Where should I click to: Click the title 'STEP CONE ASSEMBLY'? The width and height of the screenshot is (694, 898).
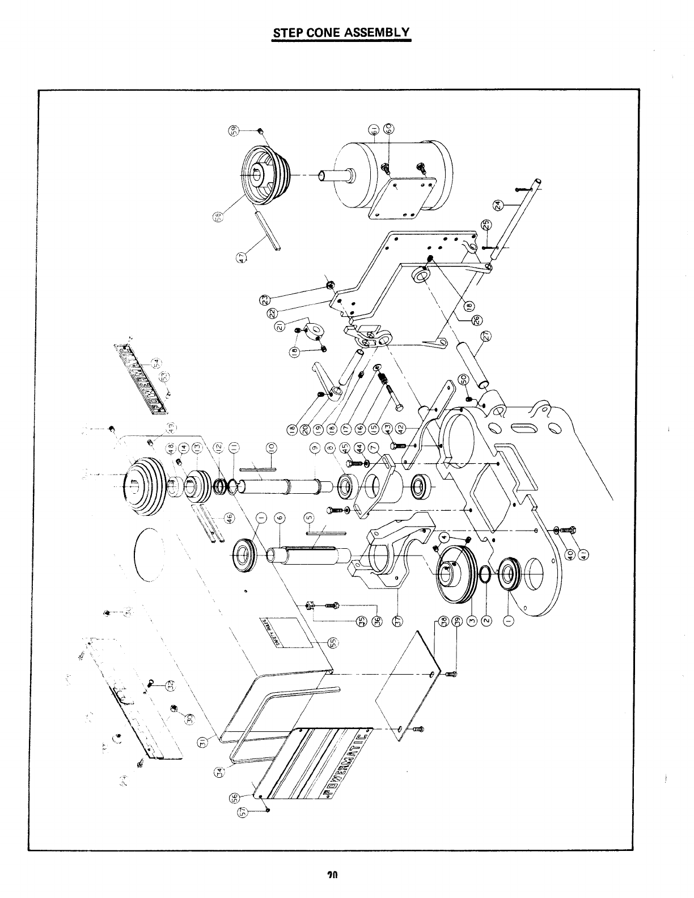(x=341, y=32)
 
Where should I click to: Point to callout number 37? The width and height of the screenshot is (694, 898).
(x=398, y=622)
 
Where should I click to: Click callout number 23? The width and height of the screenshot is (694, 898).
(x=268, y=299)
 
